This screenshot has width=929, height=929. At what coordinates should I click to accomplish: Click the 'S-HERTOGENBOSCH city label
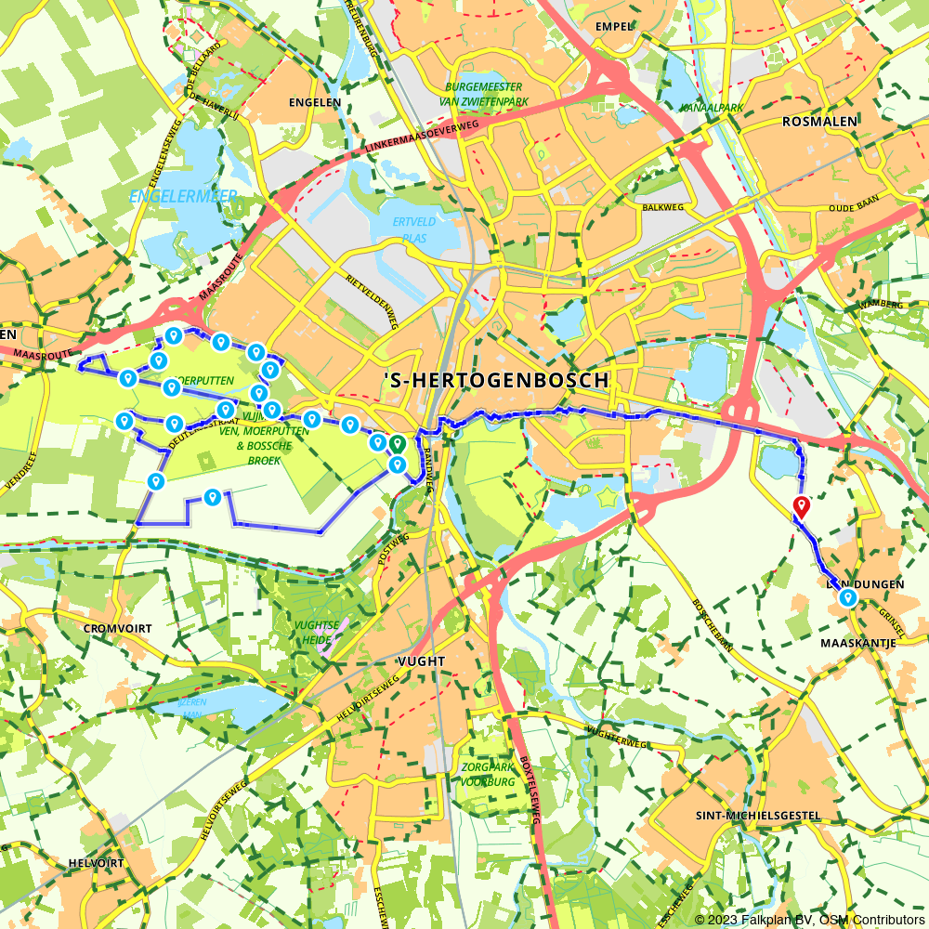click(496, 380)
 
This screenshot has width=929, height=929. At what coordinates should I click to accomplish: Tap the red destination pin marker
click(800, 506)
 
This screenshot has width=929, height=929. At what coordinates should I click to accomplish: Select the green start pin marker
click(397, 445)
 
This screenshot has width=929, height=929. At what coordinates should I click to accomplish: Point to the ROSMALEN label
click(819, 121)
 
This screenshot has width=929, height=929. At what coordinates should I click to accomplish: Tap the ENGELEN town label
click(315, 102)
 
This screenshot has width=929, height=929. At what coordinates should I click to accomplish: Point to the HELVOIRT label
click(96, 863)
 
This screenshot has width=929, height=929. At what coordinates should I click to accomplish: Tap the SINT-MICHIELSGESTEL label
click(758, 816)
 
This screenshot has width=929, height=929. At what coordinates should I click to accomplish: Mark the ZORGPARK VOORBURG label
click(488, 775)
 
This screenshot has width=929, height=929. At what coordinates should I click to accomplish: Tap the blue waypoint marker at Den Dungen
click(847, 599)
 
